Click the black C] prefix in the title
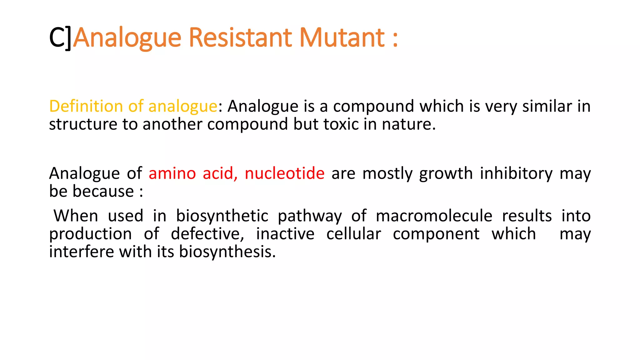60,38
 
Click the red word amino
172,173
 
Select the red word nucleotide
284,173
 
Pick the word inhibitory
516,173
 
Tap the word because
103,191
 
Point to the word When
76,216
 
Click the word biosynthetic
222,216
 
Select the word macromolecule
434,216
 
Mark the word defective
207,234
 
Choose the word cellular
354,234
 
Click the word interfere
82,252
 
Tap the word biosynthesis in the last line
227,252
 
